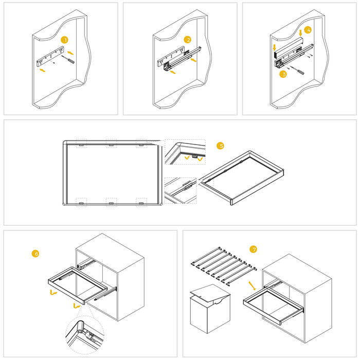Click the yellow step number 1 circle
click(64, 40)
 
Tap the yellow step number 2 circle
click(188, 40)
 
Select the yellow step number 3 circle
click(282, 74)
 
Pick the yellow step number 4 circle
click(308, 30)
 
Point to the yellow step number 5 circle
click(221, 146)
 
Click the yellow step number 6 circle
click(35, 253)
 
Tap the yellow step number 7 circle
click(253, 249)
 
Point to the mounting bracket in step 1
click(51, 56)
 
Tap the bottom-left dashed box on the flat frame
click(81, 202)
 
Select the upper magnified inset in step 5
click(184, 153)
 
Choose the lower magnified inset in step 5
click(181, 191)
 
